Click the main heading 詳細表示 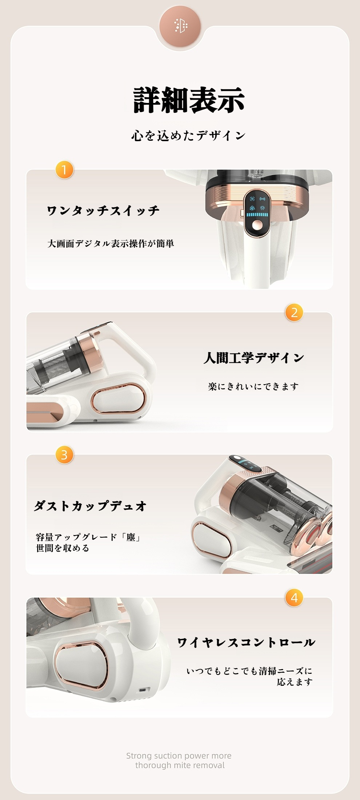189,100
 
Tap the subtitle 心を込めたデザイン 188,136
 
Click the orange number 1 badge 64,170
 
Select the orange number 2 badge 294,313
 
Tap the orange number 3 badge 64,455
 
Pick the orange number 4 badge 294,597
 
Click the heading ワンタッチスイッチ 103,211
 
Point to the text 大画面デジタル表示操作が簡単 111,243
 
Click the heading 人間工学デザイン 253,358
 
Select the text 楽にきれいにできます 253,386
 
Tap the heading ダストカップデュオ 90,506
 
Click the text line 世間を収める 63,548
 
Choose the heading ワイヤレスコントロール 246,642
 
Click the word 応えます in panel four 295,682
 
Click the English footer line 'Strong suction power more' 179,756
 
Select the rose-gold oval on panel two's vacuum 118,400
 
